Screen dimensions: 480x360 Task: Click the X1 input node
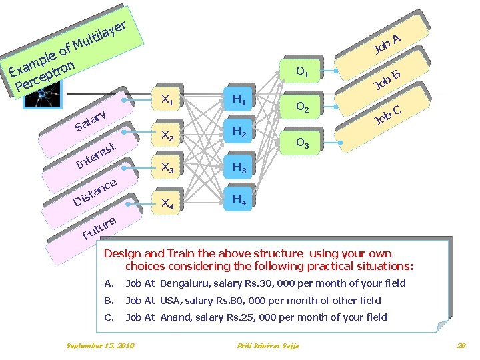pyautogui.click(x=165, y=99)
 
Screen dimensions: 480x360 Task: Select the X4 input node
pyautogui.click(x=165, y=203)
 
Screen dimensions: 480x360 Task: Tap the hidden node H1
pyautogui.click(x=238, y=99)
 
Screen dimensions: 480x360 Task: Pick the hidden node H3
pyautogui.click(x=238, y=167)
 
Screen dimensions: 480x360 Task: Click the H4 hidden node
pyautogui.click(x=238, y=199)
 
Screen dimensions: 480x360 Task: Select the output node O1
pyautogui.click(x=300, y=71)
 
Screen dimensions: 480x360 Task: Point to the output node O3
pyautogui.click(x=300, y=143)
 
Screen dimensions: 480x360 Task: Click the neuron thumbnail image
pyautogui.click(x=43, y=95)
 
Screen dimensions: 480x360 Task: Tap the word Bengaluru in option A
pyautogui.click(x=185, y=283)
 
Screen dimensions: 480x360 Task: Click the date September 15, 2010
pyautogui.click(x=100, y=345)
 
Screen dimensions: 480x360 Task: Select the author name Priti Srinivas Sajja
pyautogui.click(x=268, y=345)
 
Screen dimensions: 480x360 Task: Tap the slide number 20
pyautogui.click(x=461, y=345)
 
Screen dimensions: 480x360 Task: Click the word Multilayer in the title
pyautogui.click(x=100, y=37)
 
